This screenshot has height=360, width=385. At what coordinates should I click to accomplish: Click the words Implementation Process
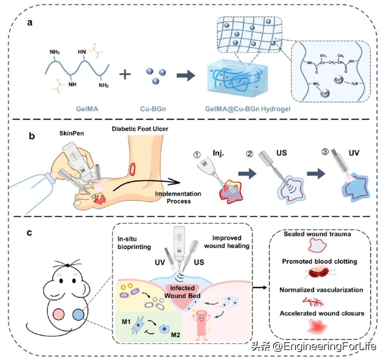point(178,197)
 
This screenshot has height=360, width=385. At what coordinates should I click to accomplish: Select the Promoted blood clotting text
point(319,262)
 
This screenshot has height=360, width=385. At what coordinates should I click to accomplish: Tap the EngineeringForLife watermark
point(314,346)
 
